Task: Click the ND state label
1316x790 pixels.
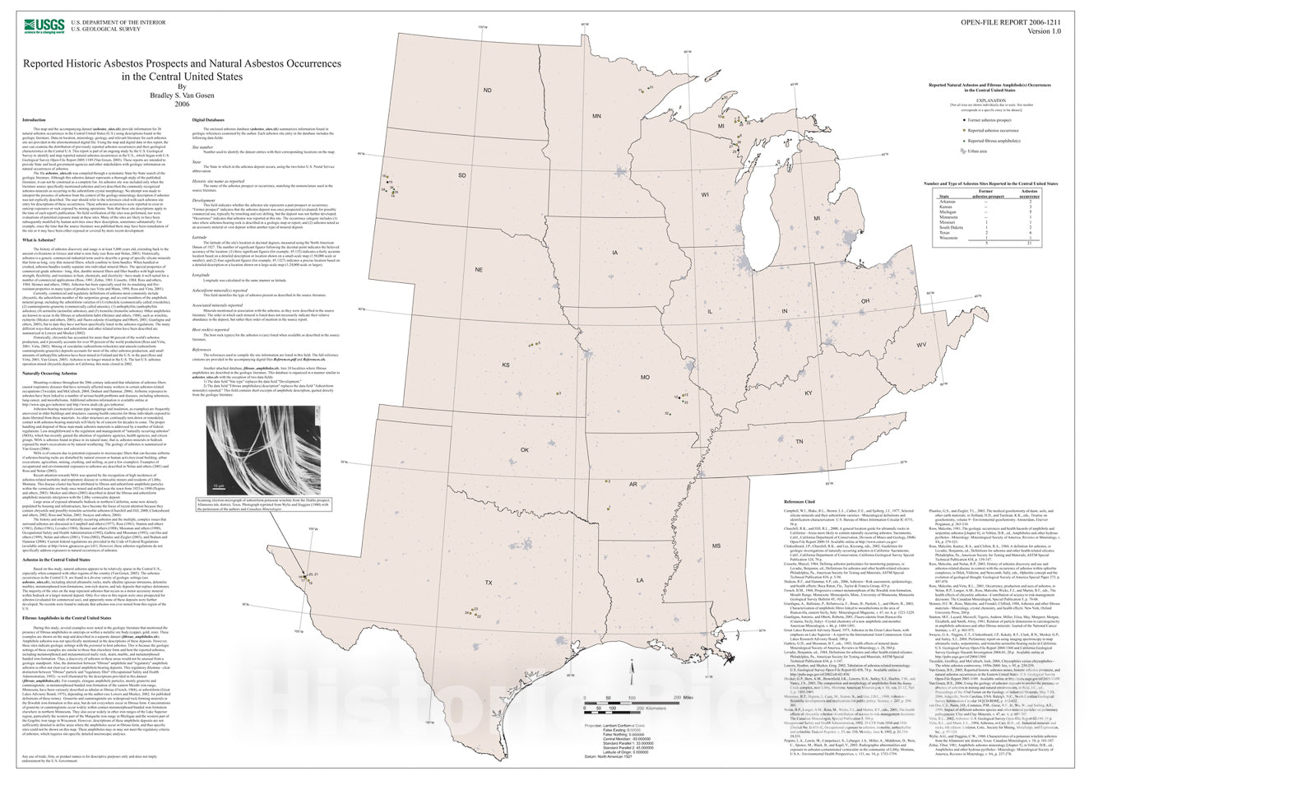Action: [x=487, y=91]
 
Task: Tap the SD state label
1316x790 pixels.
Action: [x=461, y=174]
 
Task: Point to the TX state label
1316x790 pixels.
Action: [x=489, y=583]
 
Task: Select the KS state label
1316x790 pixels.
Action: [x=507, y=365]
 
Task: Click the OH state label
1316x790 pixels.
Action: [x=865, y=301]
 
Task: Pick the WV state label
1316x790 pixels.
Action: [x=921, y=345]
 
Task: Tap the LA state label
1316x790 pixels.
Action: [x=640, y=580]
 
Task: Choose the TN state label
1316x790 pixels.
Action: [x=799, y=442]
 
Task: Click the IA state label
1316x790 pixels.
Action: [x=614, y=253]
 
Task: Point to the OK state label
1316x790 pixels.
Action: [x=525, y=450]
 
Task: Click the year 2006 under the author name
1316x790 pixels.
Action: [x=182, y=104]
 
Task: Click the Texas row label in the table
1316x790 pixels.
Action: [x=945, y=233]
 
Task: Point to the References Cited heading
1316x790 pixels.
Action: [x=799, y=501]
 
